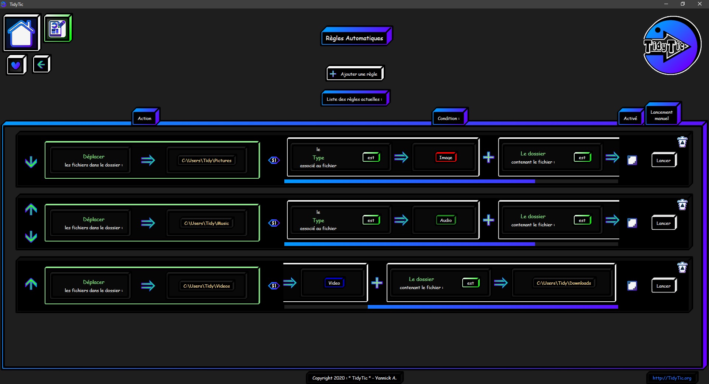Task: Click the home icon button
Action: pos(21,32)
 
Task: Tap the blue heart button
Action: pos(16,65)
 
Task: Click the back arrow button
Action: pos(41,65)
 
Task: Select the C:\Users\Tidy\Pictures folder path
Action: pos(206,160)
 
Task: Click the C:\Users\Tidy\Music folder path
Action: pos(206,223)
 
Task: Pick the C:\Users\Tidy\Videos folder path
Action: pos(206,286)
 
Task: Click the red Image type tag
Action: pos(446,157)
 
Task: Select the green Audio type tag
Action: pos(446,220)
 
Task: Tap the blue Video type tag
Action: pos(334,283)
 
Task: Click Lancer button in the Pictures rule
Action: pos(664,160)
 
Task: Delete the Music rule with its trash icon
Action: pos(682,205)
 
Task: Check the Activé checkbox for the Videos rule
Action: pos(632,285)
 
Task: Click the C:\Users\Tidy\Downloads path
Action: pos(564,283)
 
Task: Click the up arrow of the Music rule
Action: pos(31,209)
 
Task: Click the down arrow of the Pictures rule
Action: pos(31,162)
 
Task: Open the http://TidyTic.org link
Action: pos(672,378)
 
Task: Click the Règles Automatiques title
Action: pos(354,38)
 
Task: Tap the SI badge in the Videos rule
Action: pos(274,286)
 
